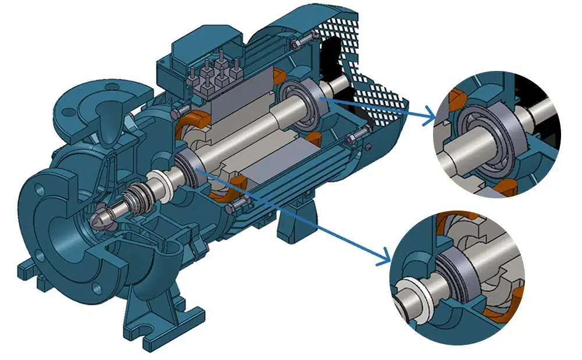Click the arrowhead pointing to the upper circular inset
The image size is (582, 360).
tap(431, 120)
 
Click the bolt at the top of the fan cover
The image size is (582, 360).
tap(298, 42)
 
